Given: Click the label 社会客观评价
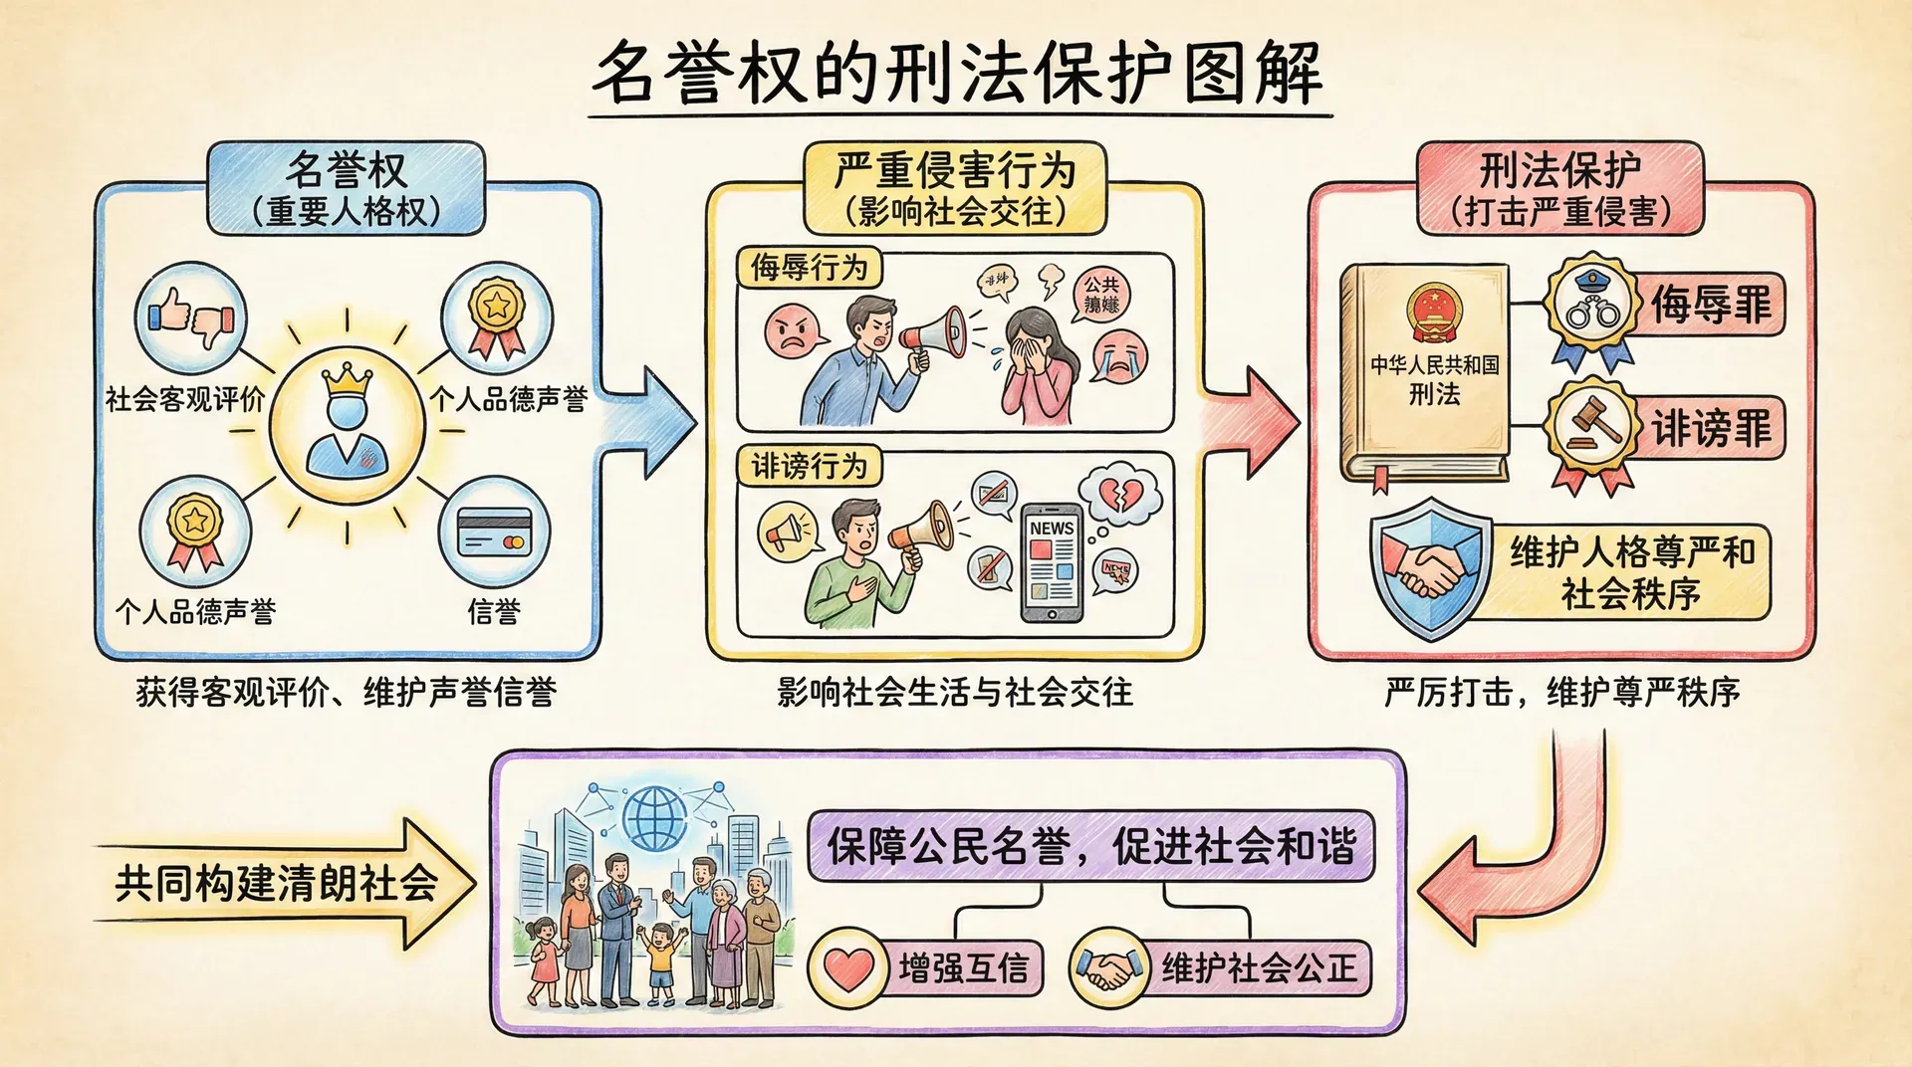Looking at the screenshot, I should coord(185,399).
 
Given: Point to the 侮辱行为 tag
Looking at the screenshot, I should coord(810,268).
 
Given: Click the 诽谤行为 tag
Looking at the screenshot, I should coord(810,465).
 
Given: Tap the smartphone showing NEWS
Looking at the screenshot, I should coord(1052,562).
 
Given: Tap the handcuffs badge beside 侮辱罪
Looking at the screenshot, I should coord(1592,306).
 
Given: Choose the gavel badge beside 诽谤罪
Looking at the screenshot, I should coord(1592,427).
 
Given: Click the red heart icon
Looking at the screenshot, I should coord(847,967).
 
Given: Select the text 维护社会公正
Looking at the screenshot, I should coord(1259,967).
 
